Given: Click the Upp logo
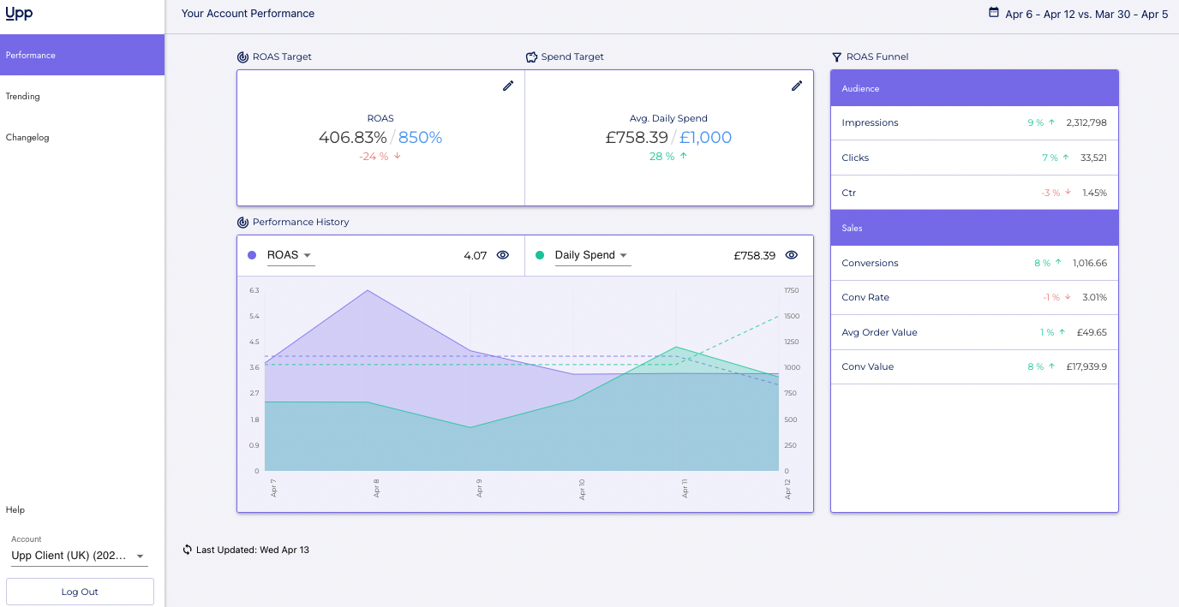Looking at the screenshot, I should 19,14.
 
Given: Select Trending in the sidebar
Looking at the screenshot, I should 23,97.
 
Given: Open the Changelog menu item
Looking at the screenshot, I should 27,138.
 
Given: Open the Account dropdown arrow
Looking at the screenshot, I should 140,556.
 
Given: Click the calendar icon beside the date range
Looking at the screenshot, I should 994,13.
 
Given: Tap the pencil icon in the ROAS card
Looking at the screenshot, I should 508,86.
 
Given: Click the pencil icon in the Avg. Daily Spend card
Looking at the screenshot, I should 797,86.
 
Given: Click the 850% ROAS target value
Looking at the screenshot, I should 421,138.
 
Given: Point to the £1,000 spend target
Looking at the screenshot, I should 706,138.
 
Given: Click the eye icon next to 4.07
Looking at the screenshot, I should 503,255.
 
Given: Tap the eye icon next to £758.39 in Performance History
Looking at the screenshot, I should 792,255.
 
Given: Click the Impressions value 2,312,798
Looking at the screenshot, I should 1086,123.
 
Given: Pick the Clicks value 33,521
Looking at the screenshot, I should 1093,158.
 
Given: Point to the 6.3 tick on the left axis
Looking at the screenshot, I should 254,291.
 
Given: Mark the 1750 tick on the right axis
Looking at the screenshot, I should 791,291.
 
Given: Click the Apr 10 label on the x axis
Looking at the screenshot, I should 582,489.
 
